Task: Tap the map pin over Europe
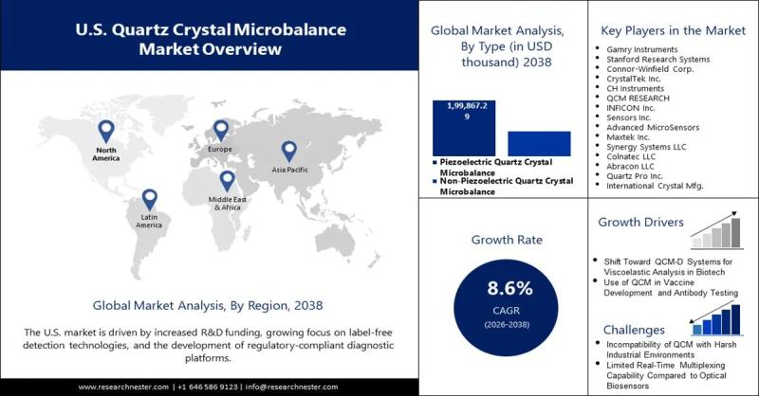(x=221, y=131)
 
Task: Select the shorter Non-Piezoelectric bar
(x=539, y=143)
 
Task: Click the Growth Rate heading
(x=503, y=240)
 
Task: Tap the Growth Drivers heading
(x=641, y=223)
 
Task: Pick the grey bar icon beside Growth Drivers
(x=717, y=230)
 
